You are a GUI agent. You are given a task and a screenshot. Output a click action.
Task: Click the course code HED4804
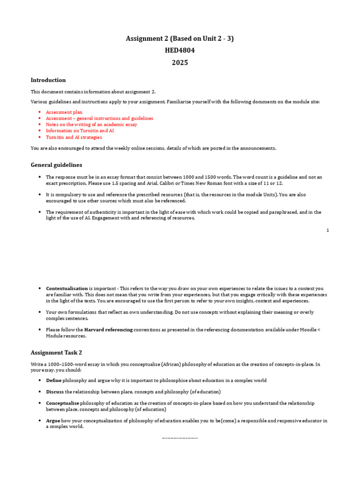180,51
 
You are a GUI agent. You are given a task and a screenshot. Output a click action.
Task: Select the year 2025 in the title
180,62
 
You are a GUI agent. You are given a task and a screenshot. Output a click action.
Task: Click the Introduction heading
48,80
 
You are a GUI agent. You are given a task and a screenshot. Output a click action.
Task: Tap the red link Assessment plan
64,112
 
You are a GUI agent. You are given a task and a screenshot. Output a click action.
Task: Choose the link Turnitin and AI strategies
74,137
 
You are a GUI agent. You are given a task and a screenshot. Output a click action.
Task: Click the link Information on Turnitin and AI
80,131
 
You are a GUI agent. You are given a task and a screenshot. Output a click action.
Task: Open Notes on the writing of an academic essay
91,125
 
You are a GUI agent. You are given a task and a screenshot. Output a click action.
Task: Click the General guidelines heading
56,165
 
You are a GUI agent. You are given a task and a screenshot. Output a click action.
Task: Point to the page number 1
328,230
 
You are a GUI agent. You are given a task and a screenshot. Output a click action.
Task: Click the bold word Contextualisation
67,288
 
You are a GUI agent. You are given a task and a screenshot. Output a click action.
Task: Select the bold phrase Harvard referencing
108,330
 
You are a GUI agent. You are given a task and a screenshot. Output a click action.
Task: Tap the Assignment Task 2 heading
56,352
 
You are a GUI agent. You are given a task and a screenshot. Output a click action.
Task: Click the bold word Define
53,380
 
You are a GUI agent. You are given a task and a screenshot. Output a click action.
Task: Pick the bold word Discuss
55,391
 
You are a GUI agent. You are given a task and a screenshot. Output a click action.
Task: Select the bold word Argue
53,420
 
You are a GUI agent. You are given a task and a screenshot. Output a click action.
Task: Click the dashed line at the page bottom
180,438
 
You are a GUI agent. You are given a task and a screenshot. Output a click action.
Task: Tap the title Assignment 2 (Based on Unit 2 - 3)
180,38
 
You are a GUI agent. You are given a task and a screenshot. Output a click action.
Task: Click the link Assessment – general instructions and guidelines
99,119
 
